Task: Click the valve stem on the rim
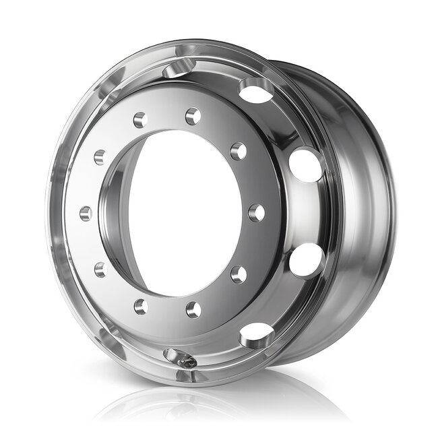[x=188, y=362]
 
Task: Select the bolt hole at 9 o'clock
[x=86, y=214]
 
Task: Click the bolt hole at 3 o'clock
[x=256, y=213]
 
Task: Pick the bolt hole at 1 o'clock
[x=193, y=117]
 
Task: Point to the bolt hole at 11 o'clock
[x=140, y=120]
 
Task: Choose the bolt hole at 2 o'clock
[x=238, y=152]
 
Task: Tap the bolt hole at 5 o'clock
[x=193, y=309]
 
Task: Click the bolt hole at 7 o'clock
[x=140, y=307]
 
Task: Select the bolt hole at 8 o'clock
[x=100, y=270]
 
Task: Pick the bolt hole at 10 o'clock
[x=100, y=157]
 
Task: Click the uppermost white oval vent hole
[x=256, y=90]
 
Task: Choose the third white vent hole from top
[x=306, y=260]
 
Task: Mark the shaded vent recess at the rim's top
[x=179, y=68]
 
